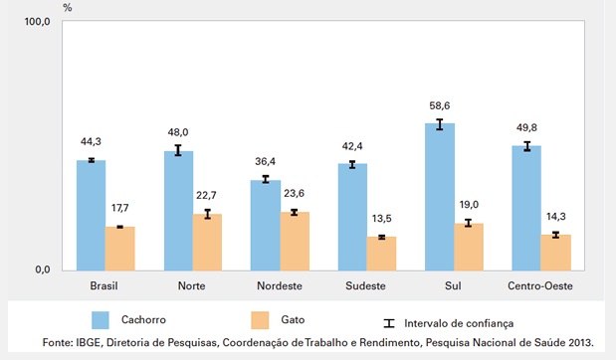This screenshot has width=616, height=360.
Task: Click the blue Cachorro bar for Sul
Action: pyautogui.click(x=439, y=197)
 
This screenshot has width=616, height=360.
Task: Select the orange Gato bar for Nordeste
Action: pyautogui.click(x=294, y=241)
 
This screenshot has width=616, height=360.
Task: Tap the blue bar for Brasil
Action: pyautogui.click(x=91, y=215)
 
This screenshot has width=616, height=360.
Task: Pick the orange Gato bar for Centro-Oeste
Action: pyautogui.click(x=555, y=253)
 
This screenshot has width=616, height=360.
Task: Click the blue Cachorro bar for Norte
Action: pyautogui.click(x=178, y=211)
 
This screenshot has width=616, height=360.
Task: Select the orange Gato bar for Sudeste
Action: pyautogui.click(x=381, y=254)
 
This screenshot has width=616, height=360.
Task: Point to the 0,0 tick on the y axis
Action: pyautogui.click(x=41, y=270)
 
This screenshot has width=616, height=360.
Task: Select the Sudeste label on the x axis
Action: pyautogui.click(x=367, y=285)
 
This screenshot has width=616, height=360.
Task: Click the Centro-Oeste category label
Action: pyautogui.click(x=540, y=285)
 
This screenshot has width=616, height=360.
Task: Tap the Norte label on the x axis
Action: pyautogui.click(x=192, y=285)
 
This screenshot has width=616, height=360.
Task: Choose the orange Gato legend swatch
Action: pyautogui.click(x=257, y=320)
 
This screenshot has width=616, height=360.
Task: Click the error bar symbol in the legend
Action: pyautogui.click(x=389, y=322)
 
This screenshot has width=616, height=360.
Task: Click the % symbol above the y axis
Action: pyautogui.click(x=68, y=7)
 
